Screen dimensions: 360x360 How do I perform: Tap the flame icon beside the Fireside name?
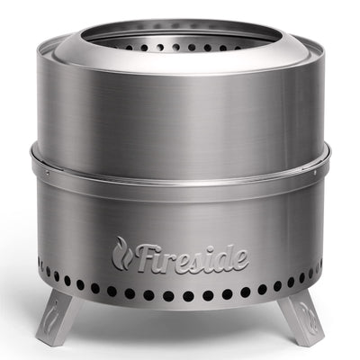(x=122, y=253)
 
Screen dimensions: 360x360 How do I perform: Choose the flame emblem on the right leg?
(x=303, y=310)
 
